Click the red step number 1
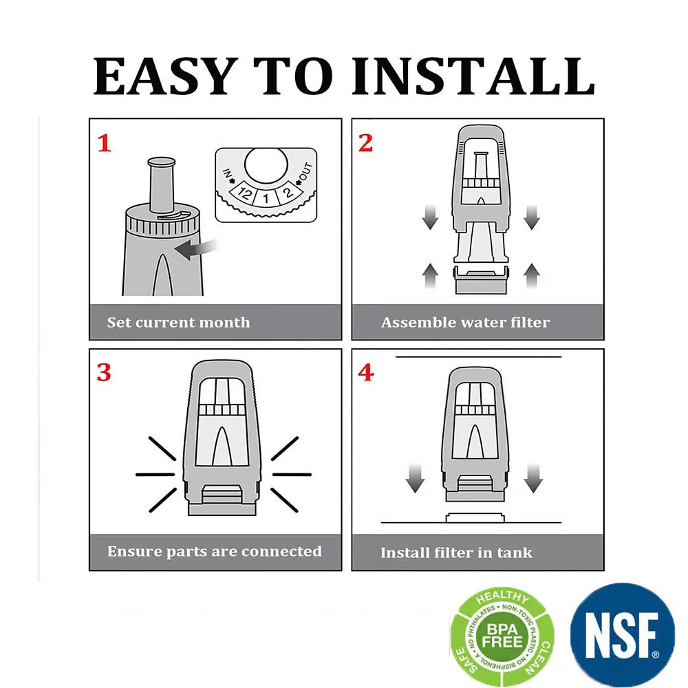(x=105, y=144)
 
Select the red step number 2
(x=365, y=143)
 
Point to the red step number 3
(x=104, y=372)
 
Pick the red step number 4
(x=366, y=372)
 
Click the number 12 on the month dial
(x=244, y=193)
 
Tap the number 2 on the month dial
(x=288, y=192)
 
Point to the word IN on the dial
(x=227, y=174)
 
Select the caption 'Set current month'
(x=179, y=323)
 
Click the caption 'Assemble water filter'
(x=465, y=323)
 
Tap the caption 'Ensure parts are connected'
(x=215, y=552)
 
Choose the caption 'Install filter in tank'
(x=456, y=552)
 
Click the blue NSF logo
(x=622, y=634)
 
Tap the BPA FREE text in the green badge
(x=502, y=635)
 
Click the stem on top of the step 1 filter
(x=162, y=184)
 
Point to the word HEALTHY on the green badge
(x=503, y=596)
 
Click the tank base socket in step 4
(x=475, y=518)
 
